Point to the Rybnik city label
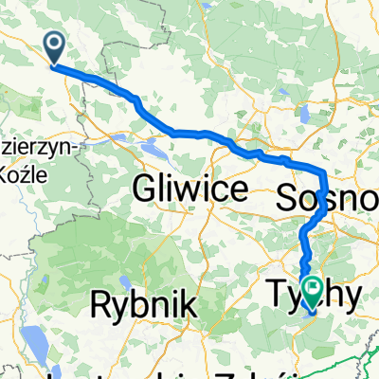point(144,304)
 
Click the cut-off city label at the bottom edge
point(180,373)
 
